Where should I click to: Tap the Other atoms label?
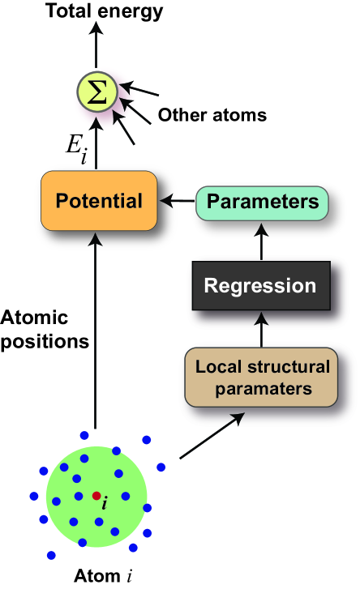(212, 115)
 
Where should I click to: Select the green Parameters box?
(262, 202)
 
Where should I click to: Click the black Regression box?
(259, 286)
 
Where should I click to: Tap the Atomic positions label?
(45, 329)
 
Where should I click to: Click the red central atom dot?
(96, 495)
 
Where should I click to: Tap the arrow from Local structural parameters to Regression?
(260, 330)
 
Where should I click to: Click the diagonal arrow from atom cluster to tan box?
(211, 437)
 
